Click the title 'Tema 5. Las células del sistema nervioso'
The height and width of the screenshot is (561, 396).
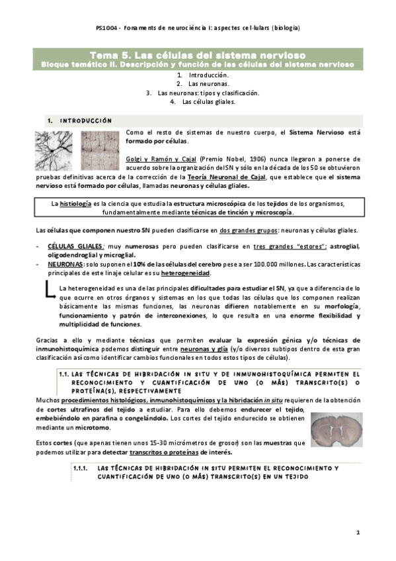(197, 56)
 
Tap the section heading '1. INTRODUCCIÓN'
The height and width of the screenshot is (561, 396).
(77, 122)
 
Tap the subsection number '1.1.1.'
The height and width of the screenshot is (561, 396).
(82, 468)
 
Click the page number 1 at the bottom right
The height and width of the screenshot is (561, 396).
(358, 533)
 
